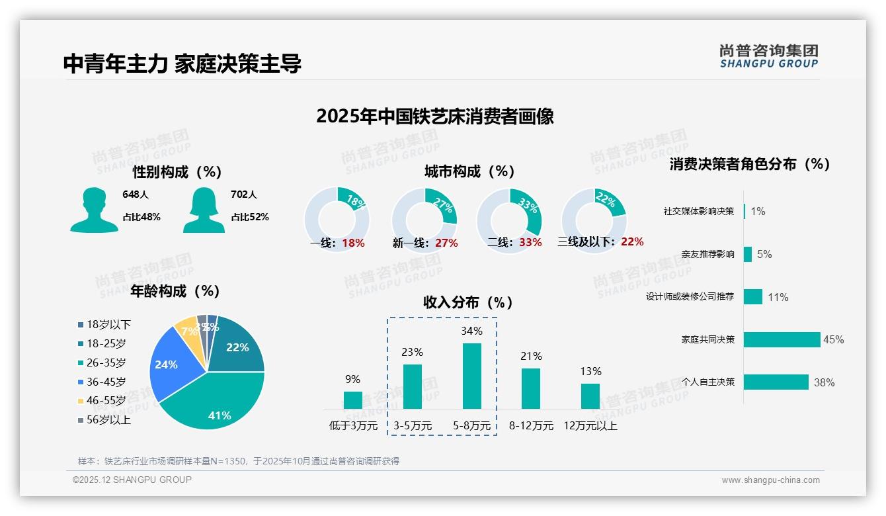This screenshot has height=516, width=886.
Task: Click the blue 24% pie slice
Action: [x=171, y=367]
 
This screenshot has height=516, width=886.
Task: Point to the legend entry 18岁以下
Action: [x=104, y=324]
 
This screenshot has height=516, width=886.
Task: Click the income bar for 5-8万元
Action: [x=471, y=376]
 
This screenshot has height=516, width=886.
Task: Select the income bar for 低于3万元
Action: [x=353, y=400]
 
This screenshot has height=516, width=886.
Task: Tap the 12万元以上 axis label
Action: [x=590, y=426]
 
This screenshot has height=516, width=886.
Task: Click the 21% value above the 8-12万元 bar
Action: [x=531, y=356]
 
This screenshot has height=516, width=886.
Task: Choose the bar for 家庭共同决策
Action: [x=782, y=339]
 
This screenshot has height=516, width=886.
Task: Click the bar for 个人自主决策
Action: [x=776, y=382]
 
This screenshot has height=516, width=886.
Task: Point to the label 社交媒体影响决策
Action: [x=699, y=212]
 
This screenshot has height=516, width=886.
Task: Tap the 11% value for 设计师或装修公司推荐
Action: [x=778, y=297]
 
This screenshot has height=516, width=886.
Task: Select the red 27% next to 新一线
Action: [x=446, y=243]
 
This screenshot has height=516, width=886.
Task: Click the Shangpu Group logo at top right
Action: [x=769, y=56]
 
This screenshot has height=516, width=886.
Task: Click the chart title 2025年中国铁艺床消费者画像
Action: [x=434, y=116]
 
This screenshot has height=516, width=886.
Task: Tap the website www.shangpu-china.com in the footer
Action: [x=770, y=480]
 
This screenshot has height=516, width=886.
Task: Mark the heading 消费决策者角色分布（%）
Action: [x=749, y=164]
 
